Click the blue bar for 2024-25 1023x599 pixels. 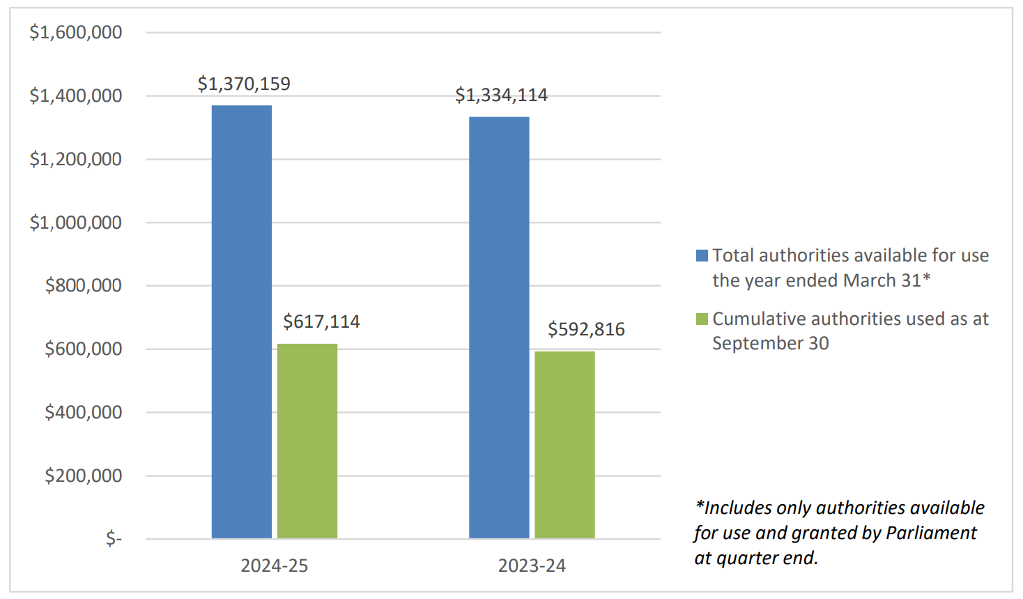[241, 321]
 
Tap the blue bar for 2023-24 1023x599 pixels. [499, 328]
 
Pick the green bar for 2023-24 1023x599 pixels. [564, 445]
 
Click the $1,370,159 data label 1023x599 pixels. [244, 84]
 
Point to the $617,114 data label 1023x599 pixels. [321, 321]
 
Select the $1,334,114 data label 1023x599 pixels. [501, 95]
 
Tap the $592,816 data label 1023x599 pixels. [586, 329]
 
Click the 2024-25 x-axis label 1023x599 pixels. [274, 566]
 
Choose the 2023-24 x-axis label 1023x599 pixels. [532, 566]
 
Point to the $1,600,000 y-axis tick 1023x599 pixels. [75, 32]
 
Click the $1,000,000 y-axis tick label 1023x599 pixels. [75, 222]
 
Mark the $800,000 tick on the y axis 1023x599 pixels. [83, 285]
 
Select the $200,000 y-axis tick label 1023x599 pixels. [83, 476]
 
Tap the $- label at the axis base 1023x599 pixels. [114, 538]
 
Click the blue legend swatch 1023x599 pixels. [702, 256]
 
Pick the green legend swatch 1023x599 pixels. [702, 319]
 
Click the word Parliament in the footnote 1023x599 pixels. [931, 533]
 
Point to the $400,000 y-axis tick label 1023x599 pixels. [83, 412]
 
